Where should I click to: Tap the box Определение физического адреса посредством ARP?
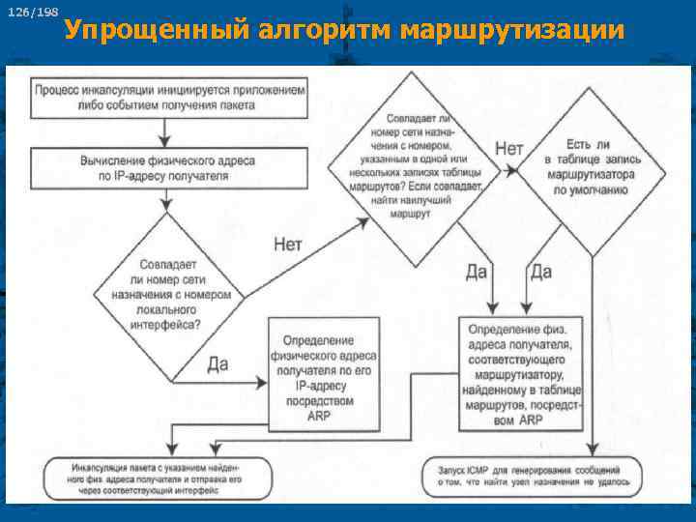coord(323,374)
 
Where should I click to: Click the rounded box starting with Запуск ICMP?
coord(532,475)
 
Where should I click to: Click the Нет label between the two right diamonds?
coord(508,148)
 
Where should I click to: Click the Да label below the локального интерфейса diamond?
coord(218,363)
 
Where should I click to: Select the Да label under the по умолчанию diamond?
coord(540,272)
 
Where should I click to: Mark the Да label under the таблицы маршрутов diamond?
coord(476,272)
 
